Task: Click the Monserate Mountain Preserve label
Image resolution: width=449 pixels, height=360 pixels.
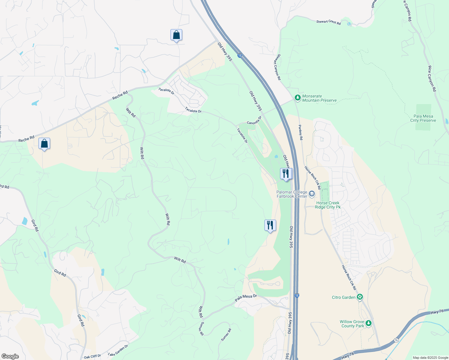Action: pyautogui.click(x=319, y=98)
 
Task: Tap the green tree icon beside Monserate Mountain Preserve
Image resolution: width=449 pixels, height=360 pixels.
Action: pyautogui.click(x=297, y=97)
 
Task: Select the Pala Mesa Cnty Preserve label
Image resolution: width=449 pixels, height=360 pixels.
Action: pyautogui.click(x=423, y=118)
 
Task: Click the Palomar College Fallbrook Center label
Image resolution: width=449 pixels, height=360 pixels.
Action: pyautogui.click(x=292, y=194)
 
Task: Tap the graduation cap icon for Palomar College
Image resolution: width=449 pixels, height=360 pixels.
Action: pyautogui.click(x=312, y=194)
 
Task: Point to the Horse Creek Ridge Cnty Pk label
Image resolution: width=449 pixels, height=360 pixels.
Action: pyautogui.click(x=328, y=205)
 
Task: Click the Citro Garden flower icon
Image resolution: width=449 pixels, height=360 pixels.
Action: pyautogui.click(x=360, y=297)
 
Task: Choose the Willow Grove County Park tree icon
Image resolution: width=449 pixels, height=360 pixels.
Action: pyautogui.click(x=369, y=324)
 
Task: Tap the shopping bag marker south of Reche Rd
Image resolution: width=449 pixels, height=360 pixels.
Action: pyautogui.click(x=44, y=144)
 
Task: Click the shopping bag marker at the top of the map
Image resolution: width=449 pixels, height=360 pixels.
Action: pyautogui.click(x=176, y=35)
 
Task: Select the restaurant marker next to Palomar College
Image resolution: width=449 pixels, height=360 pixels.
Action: pyautogui.click(x=286, y=174)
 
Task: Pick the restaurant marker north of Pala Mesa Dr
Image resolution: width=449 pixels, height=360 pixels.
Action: pyautogui.click(x=270, y=225)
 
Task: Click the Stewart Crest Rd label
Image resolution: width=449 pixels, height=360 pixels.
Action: pyautogui.click(x=328, y=22)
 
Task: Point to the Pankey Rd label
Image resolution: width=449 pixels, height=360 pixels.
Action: pyautogui.click(x=300, y=133)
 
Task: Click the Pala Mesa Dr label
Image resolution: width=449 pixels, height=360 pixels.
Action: pyautogui.click(x=246, y=298)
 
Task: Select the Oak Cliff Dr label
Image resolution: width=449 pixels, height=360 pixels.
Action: pyautogui.click(x=92, y=356)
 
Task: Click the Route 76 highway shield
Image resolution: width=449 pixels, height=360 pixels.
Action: pyautogui.click(x=396, y=340)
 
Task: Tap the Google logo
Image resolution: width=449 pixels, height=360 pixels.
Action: pyautogui.click(x=10, y=356)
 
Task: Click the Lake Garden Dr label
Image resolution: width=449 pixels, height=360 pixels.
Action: pyautogui.click(x=118, y=350)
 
